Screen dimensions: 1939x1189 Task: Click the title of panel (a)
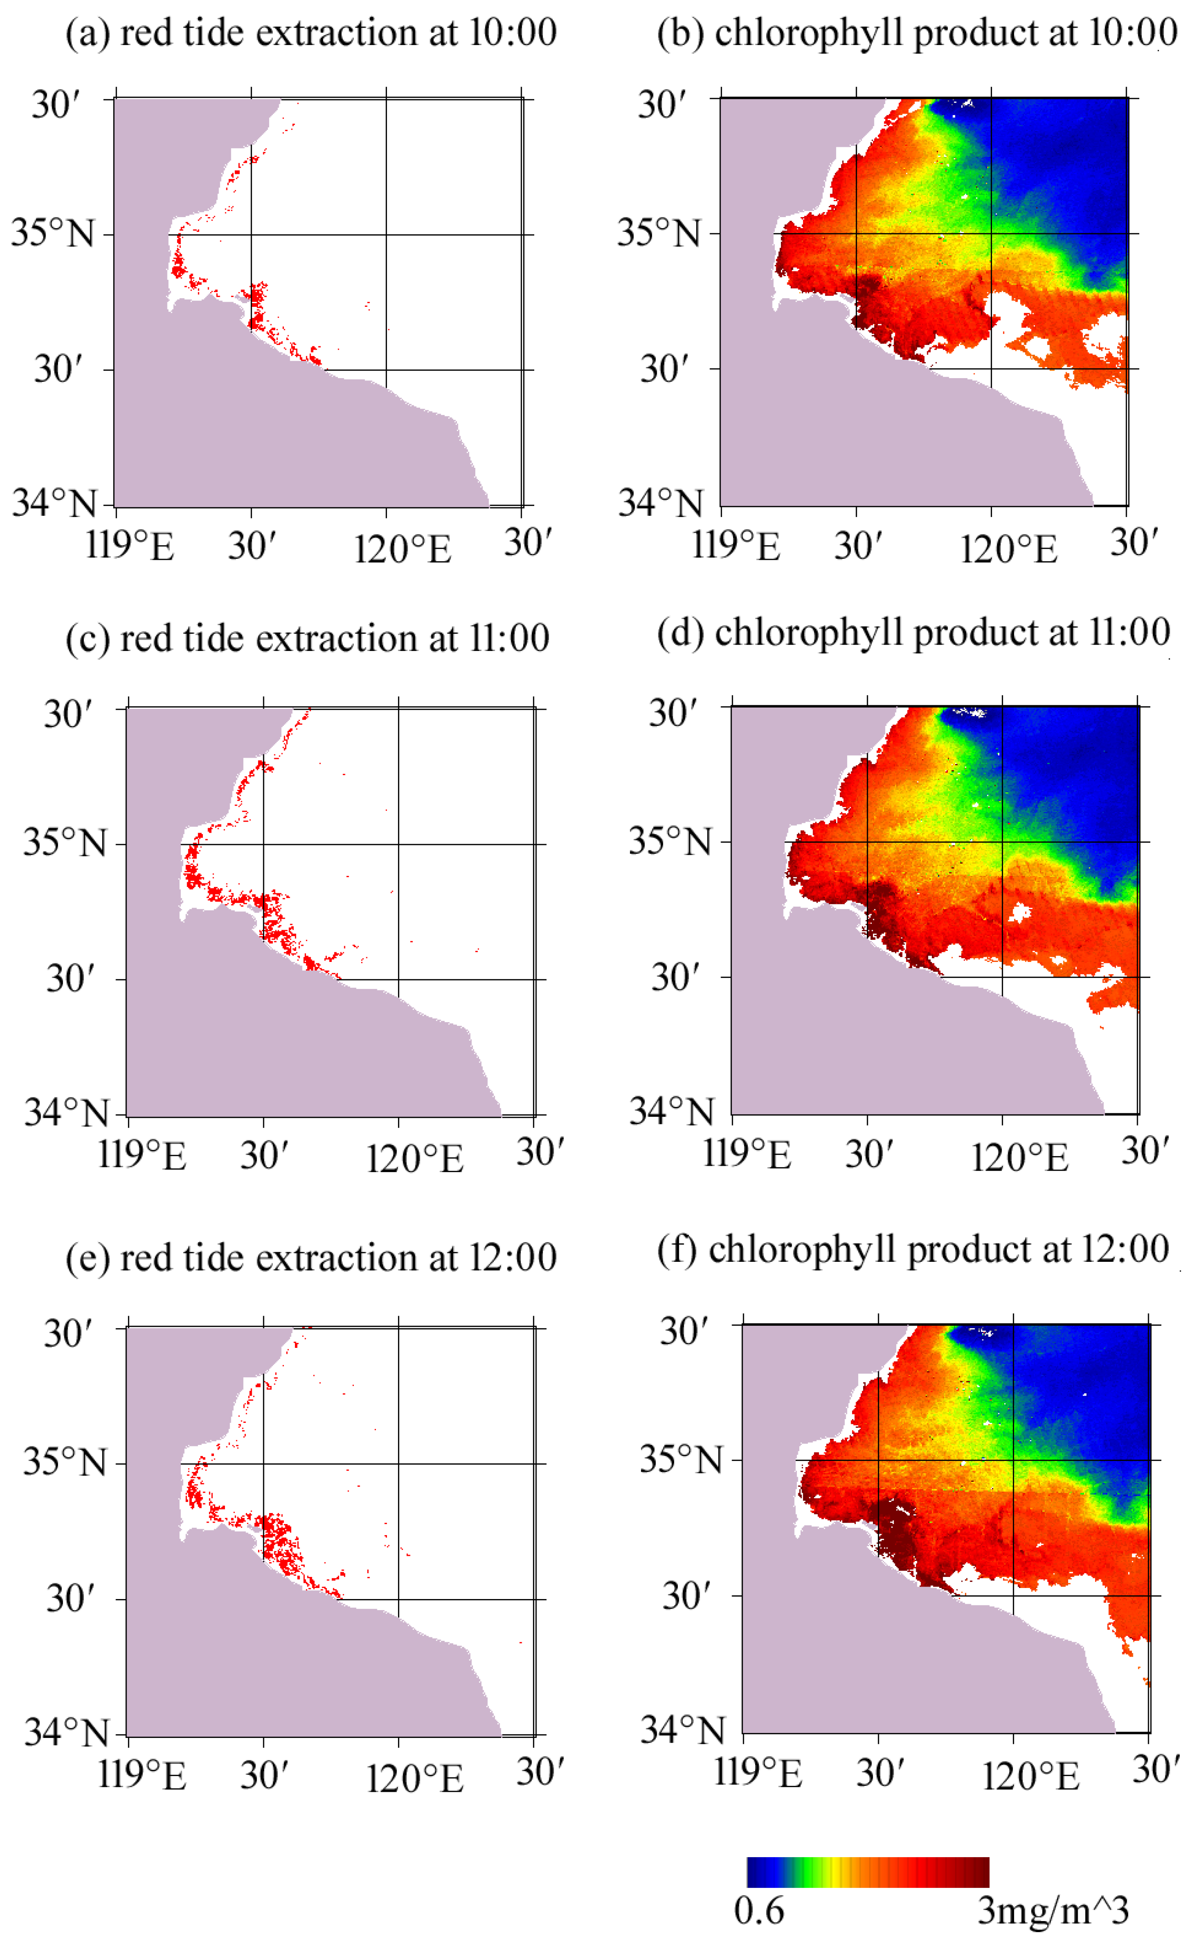coord(311,33)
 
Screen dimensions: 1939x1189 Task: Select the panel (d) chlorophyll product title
coord(913,633)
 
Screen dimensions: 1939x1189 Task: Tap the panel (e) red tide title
coord(311,1258)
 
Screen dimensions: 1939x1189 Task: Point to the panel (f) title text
coord(913,1249)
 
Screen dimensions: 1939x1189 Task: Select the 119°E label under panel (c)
coord(142,1155)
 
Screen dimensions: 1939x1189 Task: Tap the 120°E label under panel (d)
coord(1019,1157)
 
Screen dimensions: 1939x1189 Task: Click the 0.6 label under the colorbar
coord(759,1910)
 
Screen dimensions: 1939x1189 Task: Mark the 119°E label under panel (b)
coord(736,545)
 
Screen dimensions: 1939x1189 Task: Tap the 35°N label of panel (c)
coord(64,843)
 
